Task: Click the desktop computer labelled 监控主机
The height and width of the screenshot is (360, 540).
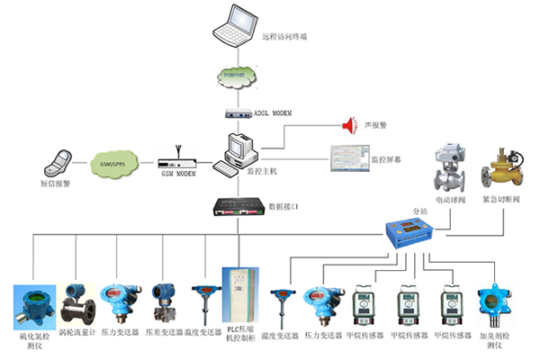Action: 236,152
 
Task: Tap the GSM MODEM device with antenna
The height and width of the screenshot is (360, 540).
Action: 176,163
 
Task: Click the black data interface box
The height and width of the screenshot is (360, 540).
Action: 237,206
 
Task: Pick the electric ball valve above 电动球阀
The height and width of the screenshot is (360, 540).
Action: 445,166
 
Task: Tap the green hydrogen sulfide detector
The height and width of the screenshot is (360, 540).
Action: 32,305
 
